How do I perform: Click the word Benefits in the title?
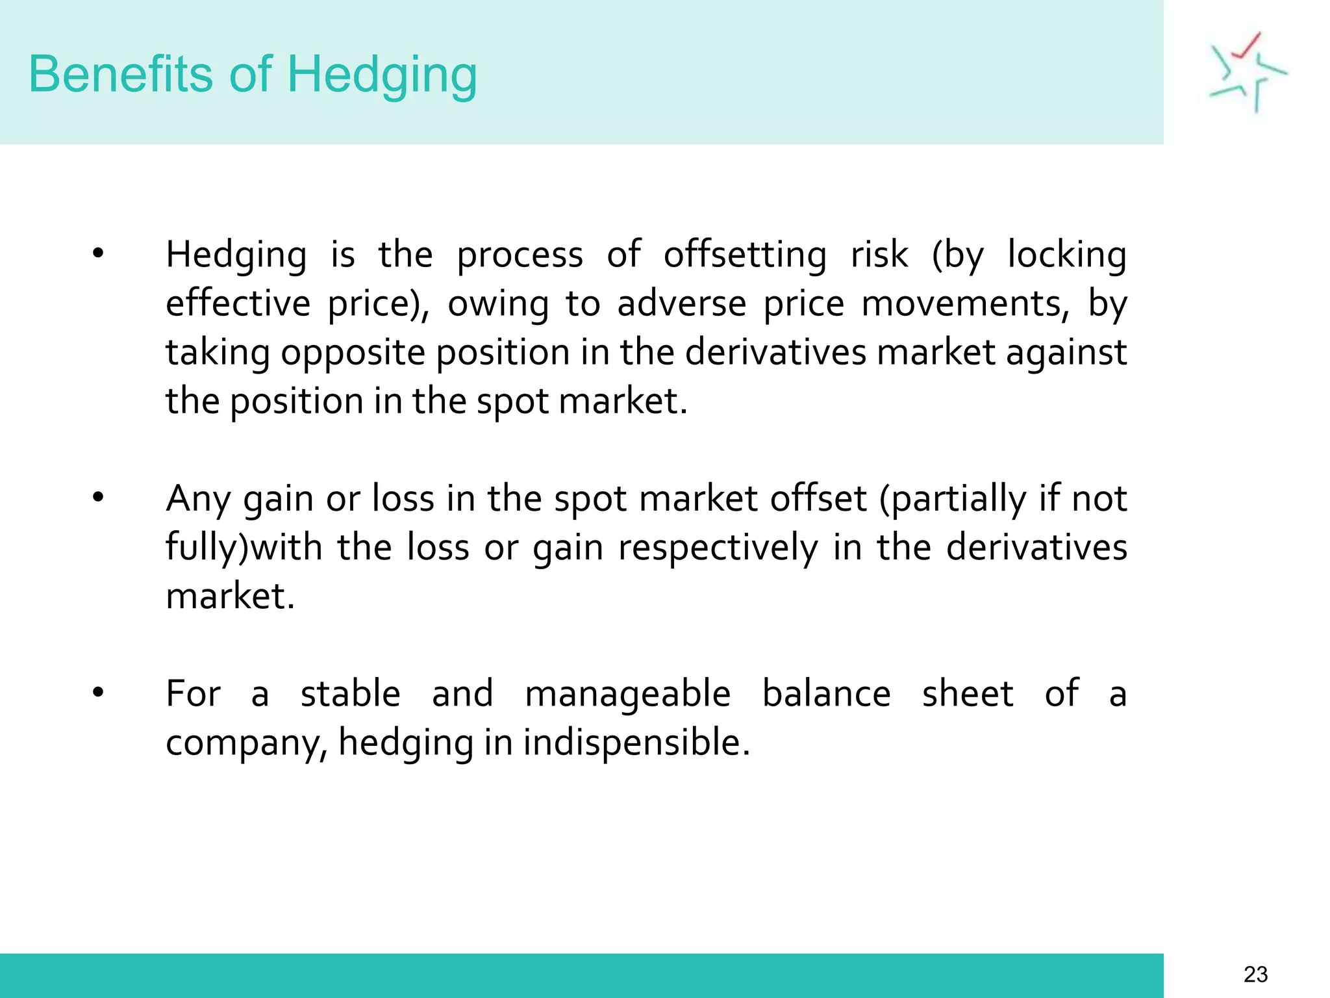[120, 74]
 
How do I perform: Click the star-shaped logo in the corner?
[1248, 72]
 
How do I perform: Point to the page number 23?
[1255, 975]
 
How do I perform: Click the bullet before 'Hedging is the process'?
[98, 253]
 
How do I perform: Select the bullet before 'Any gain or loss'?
[98, 498]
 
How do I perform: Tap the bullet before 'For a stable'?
[98, 693]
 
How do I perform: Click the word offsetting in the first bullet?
[745, 254]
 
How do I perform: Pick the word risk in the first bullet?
[879, 254]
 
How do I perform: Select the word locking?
[1067, 255]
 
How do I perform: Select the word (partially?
[952, 500]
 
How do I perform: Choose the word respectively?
[718, 548]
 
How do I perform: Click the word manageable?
[627, 694]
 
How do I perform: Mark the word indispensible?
[636, 742]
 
